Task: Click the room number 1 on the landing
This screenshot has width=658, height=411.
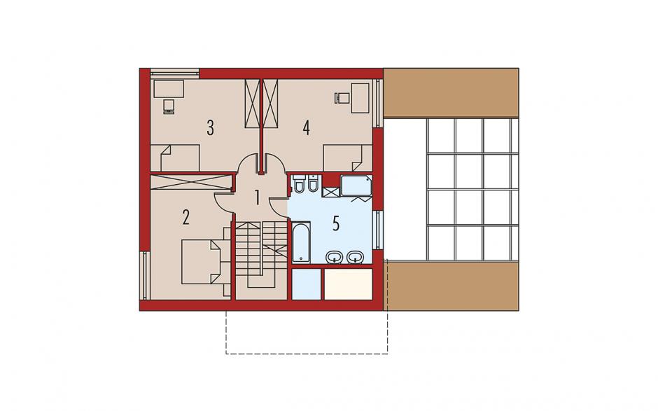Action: pyautogui.click(x=257, y=197)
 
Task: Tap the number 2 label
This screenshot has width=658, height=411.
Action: pyautogui.click(x=186, y=217)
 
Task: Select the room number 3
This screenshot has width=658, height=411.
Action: pyautogui.click(x=210, y=128)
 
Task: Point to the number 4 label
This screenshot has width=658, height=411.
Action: pyautogui.click(x=307, y=128)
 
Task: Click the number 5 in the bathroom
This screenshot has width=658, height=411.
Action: pyautogui.click(x=336, y=224)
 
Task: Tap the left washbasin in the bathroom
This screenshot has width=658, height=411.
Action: pyautogui.click(x=335, y=257)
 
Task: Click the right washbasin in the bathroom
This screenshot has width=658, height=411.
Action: pyautogui.click(x=356, y=257)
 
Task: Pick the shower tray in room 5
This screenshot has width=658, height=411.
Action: pyautogui.click(x=356, y=186)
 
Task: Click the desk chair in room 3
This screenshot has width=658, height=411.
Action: pyautogui.click(x=169, y=106)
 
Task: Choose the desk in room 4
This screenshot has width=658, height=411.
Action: pyautogui.click(x=360, y=98)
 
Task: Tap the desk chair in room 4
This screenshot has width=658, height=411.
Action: pyautogui.click(x=342, y=98)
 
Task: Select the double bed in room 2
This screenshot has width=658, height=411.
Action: pyautogui.click(x=201, y=262)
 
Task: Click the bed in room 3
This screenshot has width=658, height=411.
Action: pyautogui.click(x=174, y=158)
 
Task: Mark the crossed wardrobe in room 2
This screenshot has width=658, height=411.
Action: pyautogui.click(x=191, y=182)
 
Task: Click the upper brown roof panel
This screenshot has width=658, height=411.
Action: pyautogui.click(x=451, y=93)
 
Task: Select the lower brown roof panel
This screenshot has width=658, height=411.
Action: pyautogui.click(x=453, y=286)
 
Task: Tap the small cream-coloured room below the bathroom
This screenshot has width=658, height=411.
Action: pyautogui.click(x=349, y=284)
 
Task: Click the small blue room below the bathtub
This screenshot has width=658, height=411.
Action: pyautogui.click(x=307, y=284)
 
